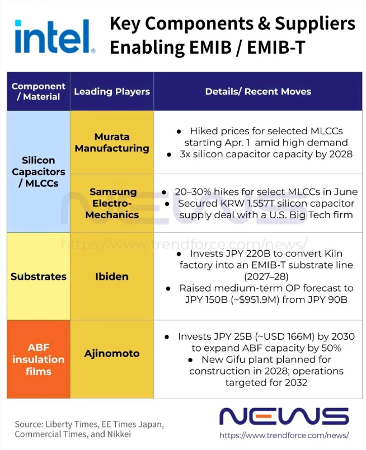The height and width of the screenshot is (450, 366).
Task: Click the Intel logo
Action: click(x=54, y=36)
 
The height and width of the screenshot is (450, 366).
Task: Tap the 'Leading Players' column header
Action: click(x=112, y=92)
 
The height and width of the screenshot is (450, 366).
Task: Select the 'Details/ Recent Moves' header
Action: click(x=258, y=92)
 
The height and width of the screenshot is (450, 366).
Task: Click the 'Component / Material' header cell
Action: click(x=39, y=92)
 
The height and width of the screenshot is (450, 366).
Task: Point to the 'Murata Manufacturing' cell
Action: click(x=112, y=142)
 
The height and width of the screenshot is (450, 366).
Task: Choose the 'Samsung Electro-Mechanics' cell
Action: click(x=112, y=203)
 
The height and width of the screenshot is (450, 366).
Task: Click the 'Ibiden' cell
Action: click(x=112, y=276)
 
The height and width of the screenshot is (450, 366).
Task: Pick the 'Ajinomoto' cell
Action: click(x=112, y=353)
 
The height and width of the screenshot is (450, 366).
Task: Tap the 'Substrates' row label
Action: click(x=39, y=276)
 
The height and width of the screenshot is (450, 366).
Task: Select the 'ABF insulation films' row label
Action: click(x=39, y=359)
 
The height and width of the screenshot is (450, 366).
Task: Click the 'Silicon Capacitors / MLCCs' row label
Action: click(x=39, y=172)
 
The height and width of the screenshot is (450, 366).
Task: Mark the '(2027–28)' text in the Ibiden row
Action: click(x=266, y=276)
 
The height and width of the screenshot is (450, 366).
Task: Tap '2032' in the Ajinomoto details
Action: click(x=296, y=382)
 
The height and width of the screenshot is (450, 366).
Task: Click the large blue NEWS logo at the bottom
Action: click(x=284, y=416)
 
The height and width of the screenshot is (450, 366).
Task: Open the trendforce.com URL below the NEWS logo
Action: click(x=284, y=435)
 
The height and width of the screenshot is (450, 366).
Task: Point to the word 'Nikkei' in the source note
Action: click(x=119, y=434)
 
